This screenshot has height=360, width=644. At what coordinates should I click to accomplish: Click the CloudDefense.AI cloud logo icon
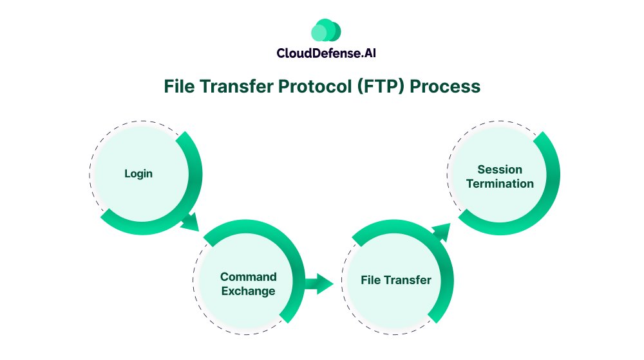[325, 31]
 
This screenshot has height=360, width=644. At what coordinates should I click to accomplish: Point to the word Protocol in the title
[322, 86]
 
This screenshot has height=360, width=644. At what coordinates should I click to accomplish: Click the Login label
[138, 174]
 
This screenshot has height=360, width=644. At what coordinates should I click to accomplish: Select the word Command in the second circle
[249, 277]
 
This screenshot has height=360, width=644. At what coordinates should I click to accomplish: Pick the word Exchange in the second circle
[249, 291]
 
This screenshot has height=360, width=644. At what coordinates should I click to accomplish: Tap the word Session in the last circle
[500, 169]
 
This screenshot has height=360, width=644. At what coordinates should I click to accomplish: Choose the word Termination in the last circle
[500, 184]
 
